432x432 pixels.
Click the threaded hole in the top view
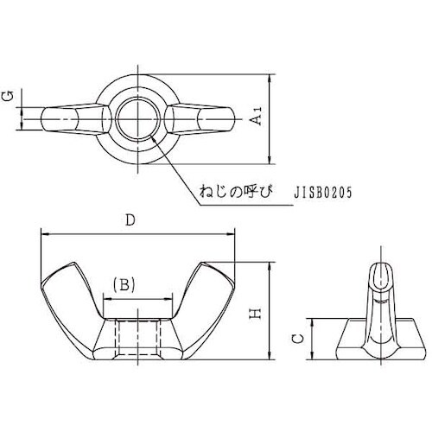(137, 118)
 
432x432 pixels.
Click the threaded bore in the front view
(138, 339)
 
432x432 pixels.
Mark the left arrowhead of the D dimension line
(44, 233)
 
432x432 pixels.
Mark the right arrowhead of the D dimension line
(233, 233)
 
